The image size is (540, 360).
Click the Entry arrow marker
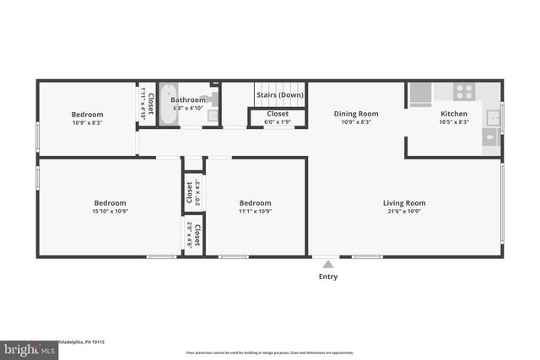(327, 264)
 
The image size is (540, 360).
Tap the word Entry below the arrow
(327, 277)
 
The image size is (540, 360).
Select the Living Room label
(404, 203)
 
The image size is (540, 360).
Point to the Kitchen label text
(454, 114)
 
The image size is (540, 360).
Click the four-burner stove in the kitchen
(464, 91)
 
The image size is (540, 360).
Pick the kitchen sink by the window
(493, 117)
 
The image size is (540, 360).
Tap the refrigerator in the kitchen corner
(419, 94)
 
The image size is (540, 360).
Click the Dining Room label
(355, 114)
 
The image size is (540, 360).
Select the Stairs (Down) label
(279, 95)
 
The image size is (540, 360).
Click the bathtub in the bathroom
(169, 104)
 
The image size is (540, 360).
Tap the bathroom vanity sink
(213, 116)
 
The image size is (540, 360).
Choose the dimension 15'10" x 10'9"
(110, 212)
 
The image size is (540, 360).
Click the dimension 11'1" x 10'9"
(255, 212)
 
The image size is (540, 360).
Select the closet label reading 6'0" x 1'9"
(278, 122)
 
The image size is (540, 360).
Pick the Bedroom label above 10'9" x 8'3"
(87, 115)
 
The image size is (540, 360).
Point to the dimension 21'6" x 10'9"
(404, 212)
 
